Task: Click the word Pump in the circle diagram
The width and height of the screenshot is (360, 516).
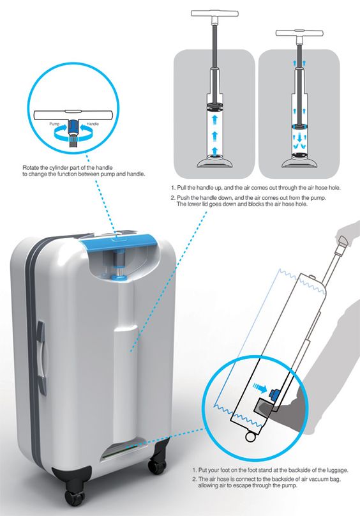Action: tap(54, 124)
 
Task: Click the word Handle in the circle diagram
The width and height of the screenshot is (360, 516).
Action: tap(93, 124)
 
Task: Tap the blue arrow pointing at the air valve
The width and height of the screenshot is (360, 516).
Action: tap(260, 388)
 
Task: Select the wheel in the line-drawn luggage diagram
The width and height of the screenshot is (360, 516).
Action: tap(250, 437)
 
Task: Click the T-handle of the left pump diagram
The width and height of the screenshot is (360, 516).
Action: tap(214, 13)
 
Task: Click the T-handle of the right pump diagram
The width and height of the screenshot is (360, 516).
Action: tap(299, 33)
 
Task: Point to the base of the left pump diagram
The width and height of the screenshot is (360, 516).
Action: tap(215, 162)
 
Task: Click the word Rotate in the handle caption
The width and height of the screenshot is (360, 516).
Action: tap(31, 168)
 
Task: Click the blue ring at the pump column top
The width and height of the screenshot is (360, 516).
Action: tap(119, 278)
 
